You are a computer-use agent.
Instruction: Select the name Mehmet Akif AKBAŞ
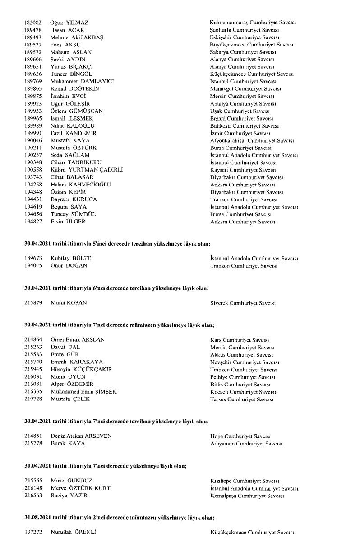77,37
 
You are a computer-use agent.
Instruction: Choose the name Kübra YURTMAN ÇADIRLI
87,170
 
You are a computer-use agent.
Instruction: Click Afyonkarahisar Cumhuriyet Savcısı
252,140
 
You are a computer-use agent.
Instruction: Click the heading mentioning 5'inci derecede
117,244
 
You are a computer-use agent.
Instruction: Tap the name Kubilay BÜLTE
71,259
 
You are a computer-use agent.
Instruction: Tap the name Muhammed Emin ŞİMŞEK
83,391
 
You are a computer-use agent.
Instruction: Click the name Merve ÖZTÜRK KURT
81,488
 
